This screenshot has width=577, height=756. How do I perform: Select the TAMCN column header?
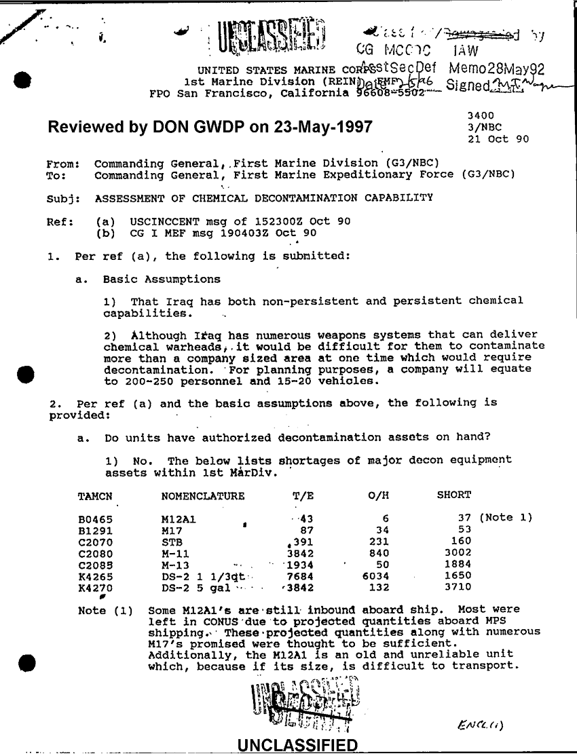point(96,495)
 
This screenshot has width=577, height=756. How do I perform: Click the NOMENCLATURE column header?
point(202,495)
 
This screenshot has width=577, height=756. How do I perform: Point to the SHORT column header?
point(453,495)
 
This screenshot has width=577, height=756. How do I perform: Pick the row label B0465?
point(96,518)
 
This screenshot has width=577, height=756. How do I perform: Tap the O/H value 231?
point(377,542)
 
